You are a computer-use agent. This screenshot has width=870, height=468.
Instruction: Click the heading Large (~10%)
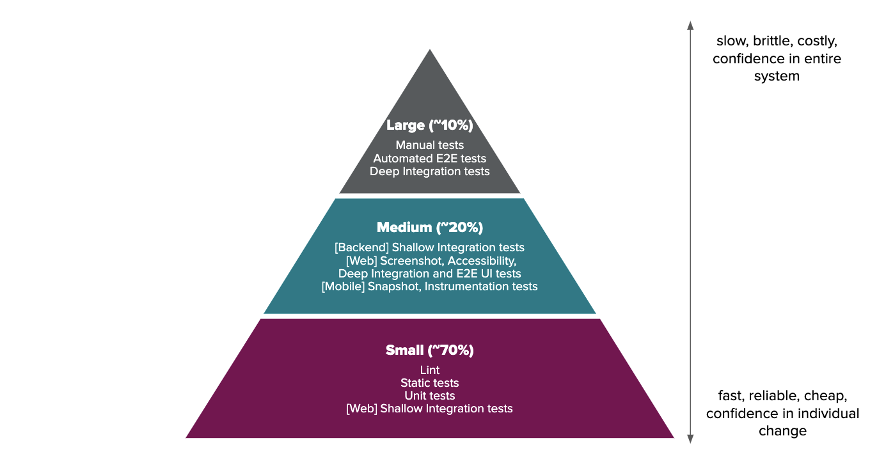pos(429,125)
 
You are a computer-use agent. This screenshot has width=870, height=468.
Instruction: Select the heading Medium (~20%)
pos(429,228)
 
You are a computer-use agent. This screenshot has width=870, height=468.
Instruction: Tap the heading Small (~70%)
pos(429,350)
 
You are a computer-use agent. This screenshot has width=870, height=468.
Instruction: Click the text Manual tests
pos(429,145)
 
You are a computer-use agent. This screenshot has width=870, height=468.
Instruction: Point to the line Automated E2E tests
pos(429,159)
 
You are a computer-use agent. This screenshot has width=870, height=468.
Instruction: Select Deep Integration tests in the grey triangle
pos(429,171)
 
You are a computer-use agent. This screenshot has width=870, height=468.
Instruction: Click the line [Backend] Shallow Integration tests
pos(429,247)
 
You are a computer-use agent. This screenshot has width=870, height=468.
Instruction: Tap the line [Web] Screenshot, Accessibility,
pos(429,261)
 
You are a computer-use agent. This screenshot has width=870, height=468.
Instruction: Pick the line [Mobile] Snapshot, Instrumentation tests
pos(429,286)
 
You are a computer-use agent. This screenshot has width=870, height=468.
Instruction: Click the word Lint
pos(429,370)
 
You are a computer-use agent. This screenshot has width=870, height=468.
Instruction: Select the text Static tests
pos(429,383)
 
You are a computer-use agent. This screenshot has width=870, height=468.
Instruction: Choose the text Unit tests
pos(429,396)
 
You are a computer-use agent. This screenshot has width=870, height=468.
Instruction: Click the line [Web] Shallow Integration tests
pos(429,409)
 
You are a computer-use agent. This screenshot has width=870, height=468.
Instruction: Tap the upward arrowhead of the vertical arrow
pos(690,25)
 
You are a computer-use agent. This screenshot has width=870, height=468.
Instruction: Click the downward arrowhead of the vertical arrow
pos(690,439)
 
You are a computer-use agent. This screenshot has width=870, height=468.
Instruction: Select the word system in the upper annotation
pos(776,77)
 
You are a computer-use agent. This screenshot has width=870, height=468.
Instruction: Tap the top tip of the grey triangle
pos(430,51)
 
